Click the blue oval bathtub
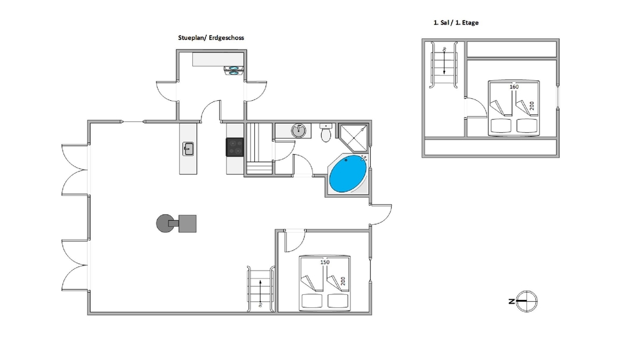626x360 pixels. [347, 174]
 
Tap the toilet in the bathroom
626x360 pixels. [326, 133]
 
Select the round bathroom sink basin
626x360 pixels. [298, 130]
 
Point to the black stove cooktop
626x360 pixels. [235, 147]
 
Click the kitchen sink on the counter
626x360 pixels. [188, 149]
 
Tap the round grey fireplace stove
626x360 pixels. [164, 223]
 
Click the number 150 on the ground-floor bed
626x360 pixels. [325, 262]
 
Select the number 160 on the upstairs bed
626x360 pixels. [514, 86]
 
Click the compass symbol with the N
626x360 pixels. [526, 301]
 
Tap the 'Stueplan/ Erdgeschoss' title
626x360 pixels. [211, 38]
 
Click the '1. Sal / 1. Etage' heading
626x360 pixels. [456, 23]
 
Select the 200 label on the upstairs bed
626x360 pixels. [531, 106]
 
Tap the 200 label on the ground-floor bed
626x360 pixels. [342, 281]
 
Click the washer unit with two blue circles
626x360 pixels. [234, 71]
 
